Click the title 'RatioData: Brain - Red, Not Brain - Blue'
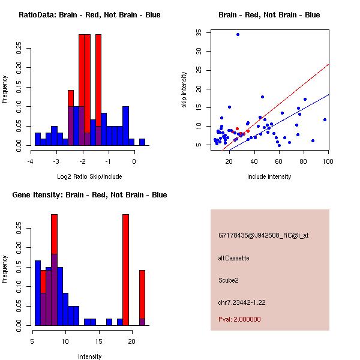click(89, 15)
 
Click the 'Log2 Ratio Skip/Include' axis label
click(89, 176)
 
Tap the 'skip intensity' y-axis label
click(185, 90)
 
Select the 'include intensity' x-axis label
click(269, 176)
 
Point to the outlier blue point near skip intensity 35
click(238, 35)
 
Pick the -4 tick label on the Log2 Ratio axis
click(30, 161)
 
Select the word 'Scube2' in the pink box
click(229, 280)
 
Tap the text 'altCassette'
click(233, 258)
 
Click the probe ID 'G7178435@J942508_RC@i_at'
click(263, 236)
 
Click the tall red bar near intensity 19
click(125, 270)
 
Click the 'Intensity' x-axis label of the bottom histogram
click(89, 356)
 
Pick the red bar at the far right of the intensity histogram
click(142, 294)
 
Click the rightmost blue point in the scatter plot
click(325, 119)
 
